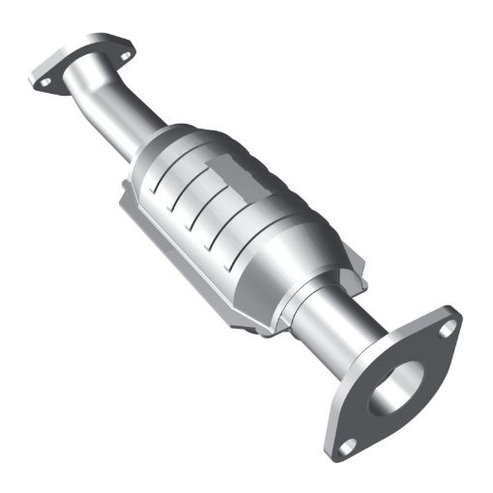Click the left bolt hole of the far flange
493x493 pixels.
[x=43, y=83]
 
